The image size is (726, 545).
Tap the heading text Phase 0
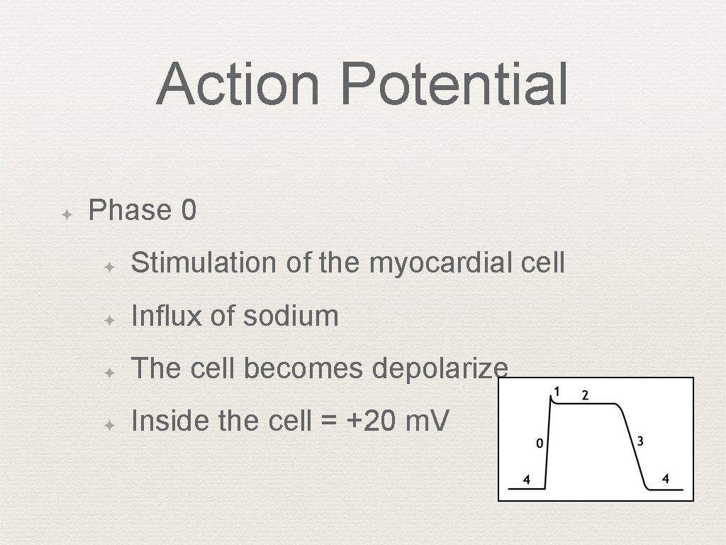tap(143, 210)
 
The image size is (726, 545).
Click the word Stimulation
tap(206, 263)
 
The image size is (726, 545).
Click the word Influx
tap(167, 316)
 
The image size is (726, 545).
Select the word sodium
tap(291, 316)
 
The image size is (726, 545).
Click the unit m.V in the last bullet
tap(427, 422)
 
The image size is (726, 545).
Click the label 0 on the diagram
tap(540, 444)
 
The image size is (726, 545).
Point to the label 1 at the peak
tap(557, 391)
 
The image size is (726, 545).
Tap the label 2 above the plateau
tap(585, 395)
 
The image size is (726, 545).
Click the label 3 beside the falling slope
tap(640, 441)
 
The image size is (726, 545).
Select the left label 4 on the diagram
tap(526, 480)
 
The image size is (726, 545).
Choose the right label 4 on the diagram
tap(665, 479)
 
